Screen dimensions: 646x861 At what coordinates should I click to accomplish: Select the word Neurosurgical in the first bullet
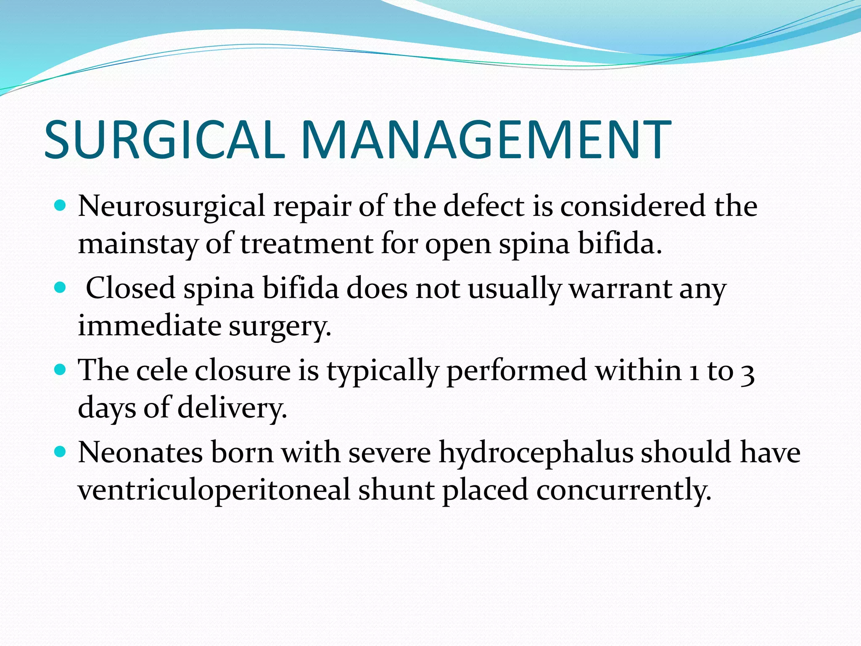click(171, 207)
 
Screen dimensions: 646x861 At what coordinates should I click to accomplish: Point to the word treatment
click(306, 244)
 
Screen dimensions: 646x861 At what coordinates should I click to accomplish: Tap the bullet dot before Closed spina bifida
click(61, 288)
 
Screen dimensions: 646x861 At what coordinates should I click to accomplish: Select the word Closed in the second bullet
click(130, 289)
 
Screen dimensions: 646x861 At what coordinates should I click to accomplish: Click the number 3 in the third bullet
click(747, 373)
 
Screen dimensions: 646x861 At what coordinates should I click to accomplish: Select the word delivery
click(232, 408)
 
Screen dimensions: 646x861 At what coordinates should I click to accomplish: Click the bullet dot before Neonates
click(61, 452)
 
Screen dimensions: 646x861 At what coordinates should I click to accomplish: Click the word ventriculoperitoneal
click(214, 491)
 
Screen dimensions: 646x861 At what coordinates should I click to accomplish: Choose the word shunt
click(396, 490)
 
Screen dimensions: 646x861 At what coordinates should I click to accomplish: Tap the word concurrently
click(623, 491)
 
